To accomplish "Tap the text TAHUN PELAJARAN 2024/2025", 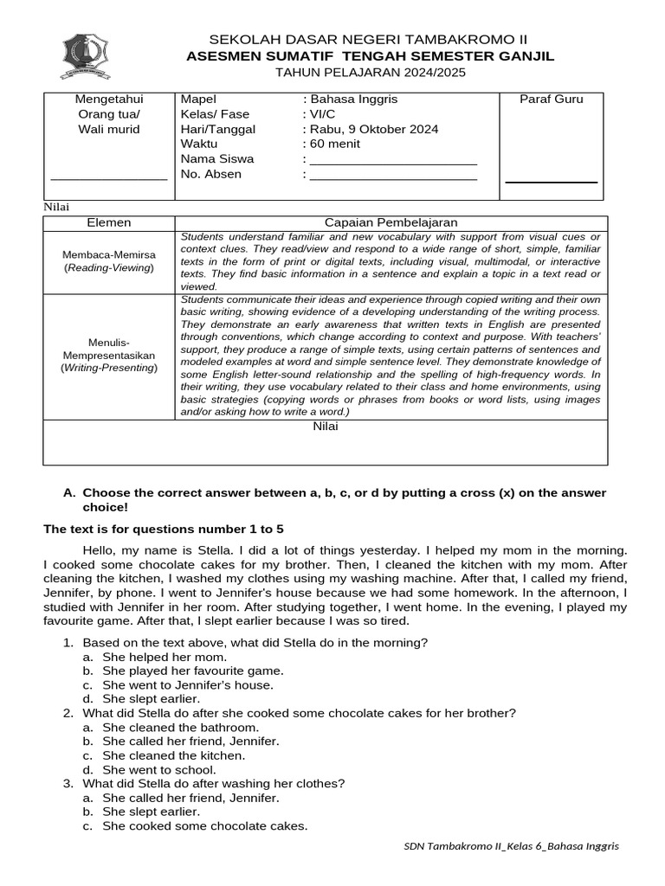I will [x=370, y=73].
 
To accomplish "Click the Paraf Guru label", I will [x=552, y=99].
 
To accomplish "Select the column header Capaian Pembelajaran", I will [x=391, y=222].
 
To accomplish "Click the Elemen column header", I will [x=109, y=222].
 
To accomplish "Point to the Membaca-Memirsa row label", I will [x=109, y=261].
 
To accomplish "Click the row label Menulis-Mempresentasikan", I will [x=109, y=355].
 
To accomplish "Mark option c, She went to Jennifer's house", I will [x=187, y=684].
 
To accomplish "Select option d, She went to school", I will [x=158, y=769].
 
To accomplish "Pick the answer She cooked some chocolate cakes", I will [x=204, y=825].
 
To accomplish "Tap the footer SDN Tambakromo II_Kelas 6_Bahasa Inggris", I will [x=512, y=845].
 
